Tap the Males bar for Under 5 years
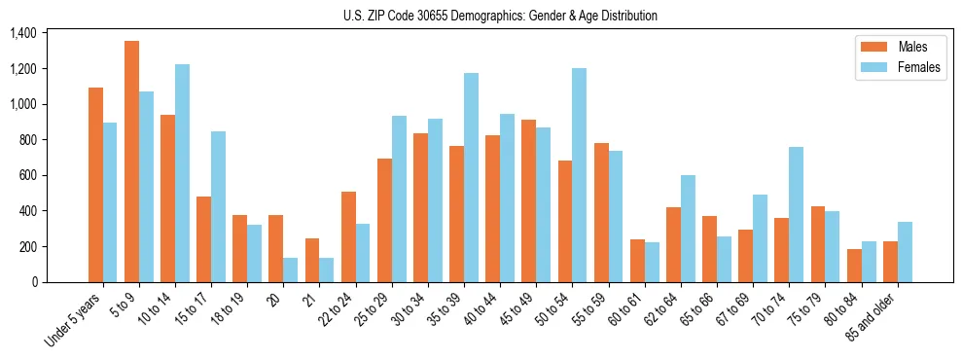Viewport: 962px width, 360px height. click(x=95, y=185)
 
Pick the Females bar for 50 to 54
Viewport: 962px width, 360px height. click(x=579, y=175)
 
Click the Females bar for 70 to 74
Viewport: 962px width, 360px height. click(x=796, y=214)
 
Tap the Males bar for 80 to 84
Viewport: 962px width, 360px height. click(x=854, y=266)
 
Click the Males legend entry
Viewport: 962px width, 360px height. click(x=895, y=47)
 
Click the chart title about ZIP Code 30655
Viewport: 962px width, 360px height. click(x=500, y=16)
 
